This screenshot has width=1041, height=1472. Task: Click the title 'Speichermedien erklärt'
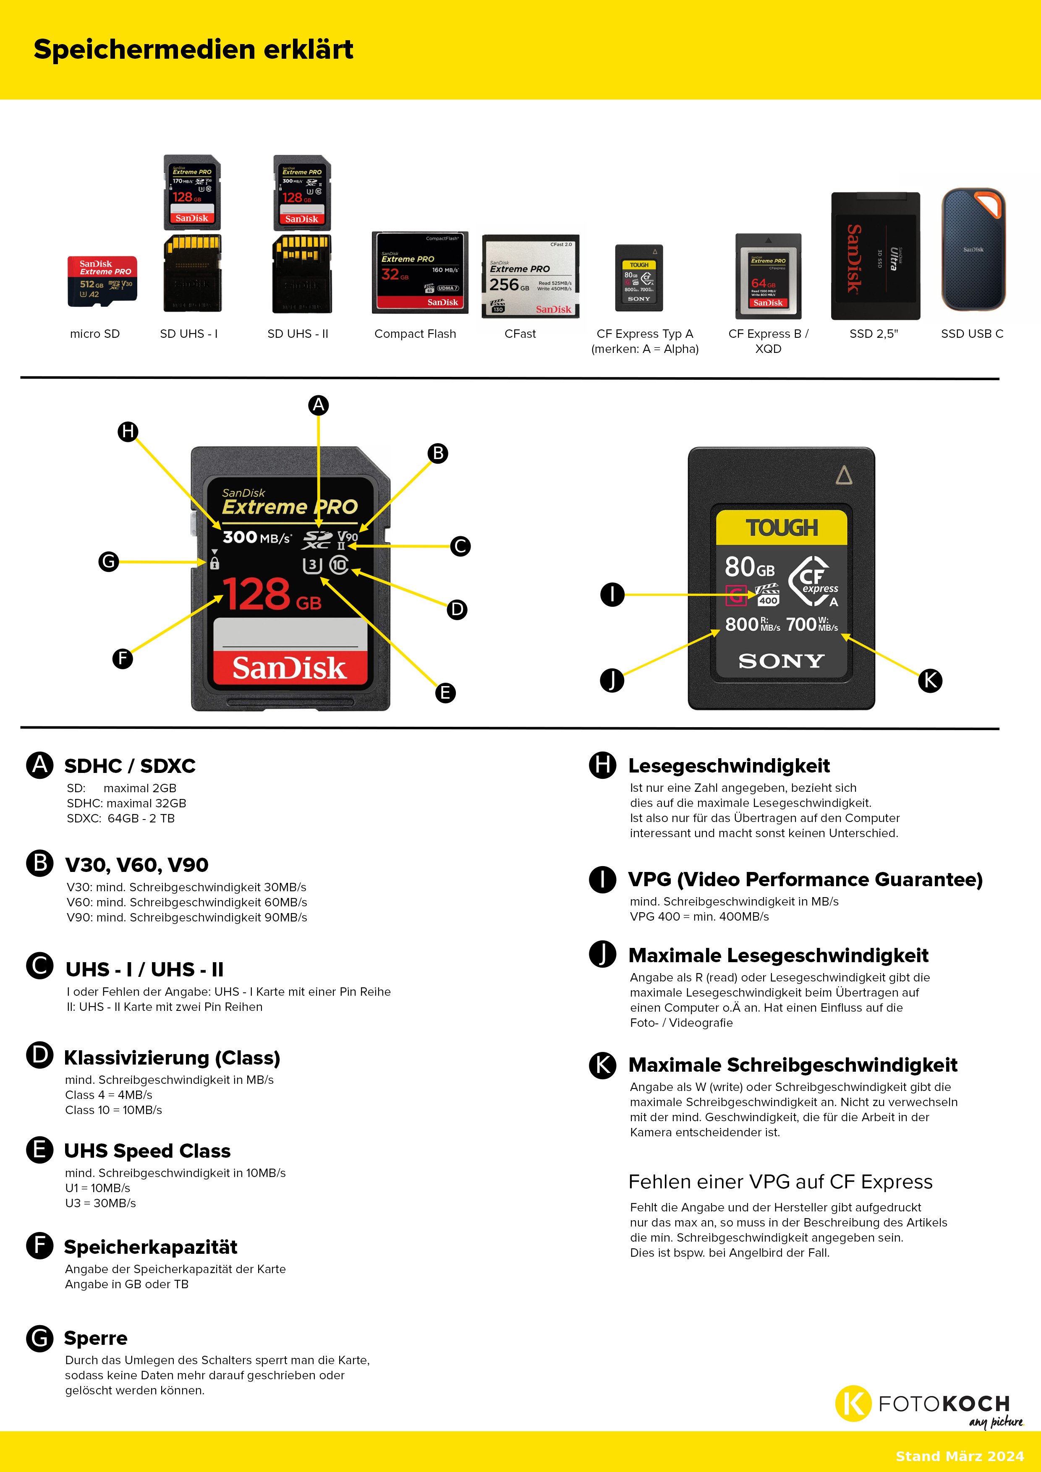pyautogui.click(x=193, y=50)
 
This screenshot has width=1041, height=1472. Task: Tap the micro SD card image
pyautogui.click(x=102, y=281)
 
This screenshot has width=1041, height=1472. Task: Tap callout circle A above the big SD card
pyautogui.click(x=318, y=405)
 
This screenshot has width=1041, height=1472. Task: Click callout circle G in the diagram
pyautogui.click(x=108, y=561)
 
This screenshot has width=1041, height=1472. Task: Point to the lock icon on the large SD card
pyautogui.click(x=214, y=564)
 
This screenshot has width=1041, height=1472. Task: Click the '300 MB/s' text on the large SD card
pyautogui.click(x=256, y=537)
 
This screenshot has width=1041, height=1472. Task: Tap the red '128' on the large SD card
pyautogui.click(x=256, y=594)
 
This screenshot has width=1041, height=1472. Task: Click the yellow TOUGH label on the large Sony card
pyautogui.click(x=781, y=527)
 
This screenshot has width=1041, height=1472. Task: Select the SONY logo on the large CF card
pyautogui.click(x=781, y=661)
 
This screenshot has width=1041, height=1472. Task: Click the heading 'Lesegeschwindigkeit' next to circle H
pyautogui.click(x=729, y=765)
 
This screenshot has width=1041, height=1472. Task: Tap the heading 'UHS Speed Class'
pyautogui.click(x=147, y=1151)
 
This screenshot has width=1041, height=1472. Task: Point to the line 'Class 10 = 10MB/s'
pyautogui.click(x=113, y=1110)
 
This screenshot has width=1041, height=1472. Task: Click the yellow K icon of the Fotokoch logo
pyautogui.click(x=853, y=1404)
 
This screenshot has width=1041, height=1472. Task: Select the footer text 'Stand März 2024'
pyautogui.click(x=960, y=1456)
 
